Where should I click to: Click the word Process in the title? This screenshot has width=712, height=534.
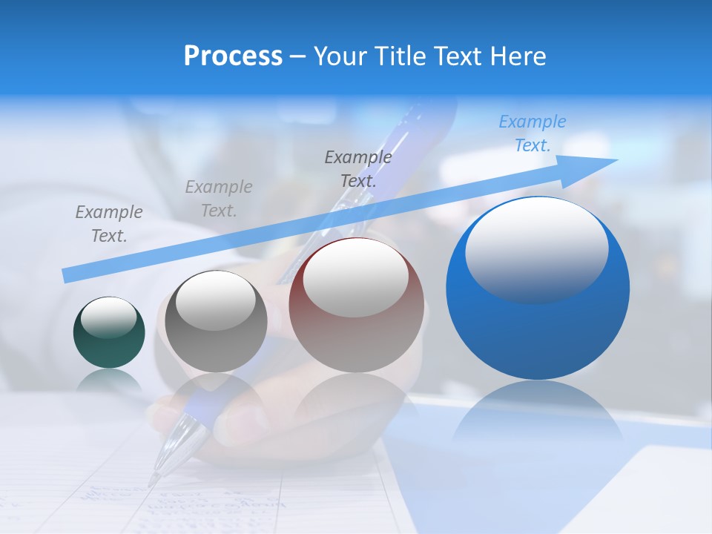pos(233,56)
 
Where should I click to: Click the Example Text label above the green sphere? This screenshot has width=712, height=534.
pos(109,224)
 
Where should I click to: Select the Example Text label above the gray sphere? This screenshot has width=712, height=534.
pos(219,199)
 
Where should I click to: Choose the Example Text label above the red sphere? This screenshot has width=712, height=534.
pos(358,168)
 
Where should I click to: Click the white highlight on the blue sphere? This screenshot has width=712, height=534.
pos(536,248)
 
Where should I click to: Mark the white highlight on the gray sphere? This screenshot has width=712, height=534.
pos(216,300)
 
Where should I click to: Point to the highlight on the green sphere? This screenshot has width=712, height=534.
pos(109,317)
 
